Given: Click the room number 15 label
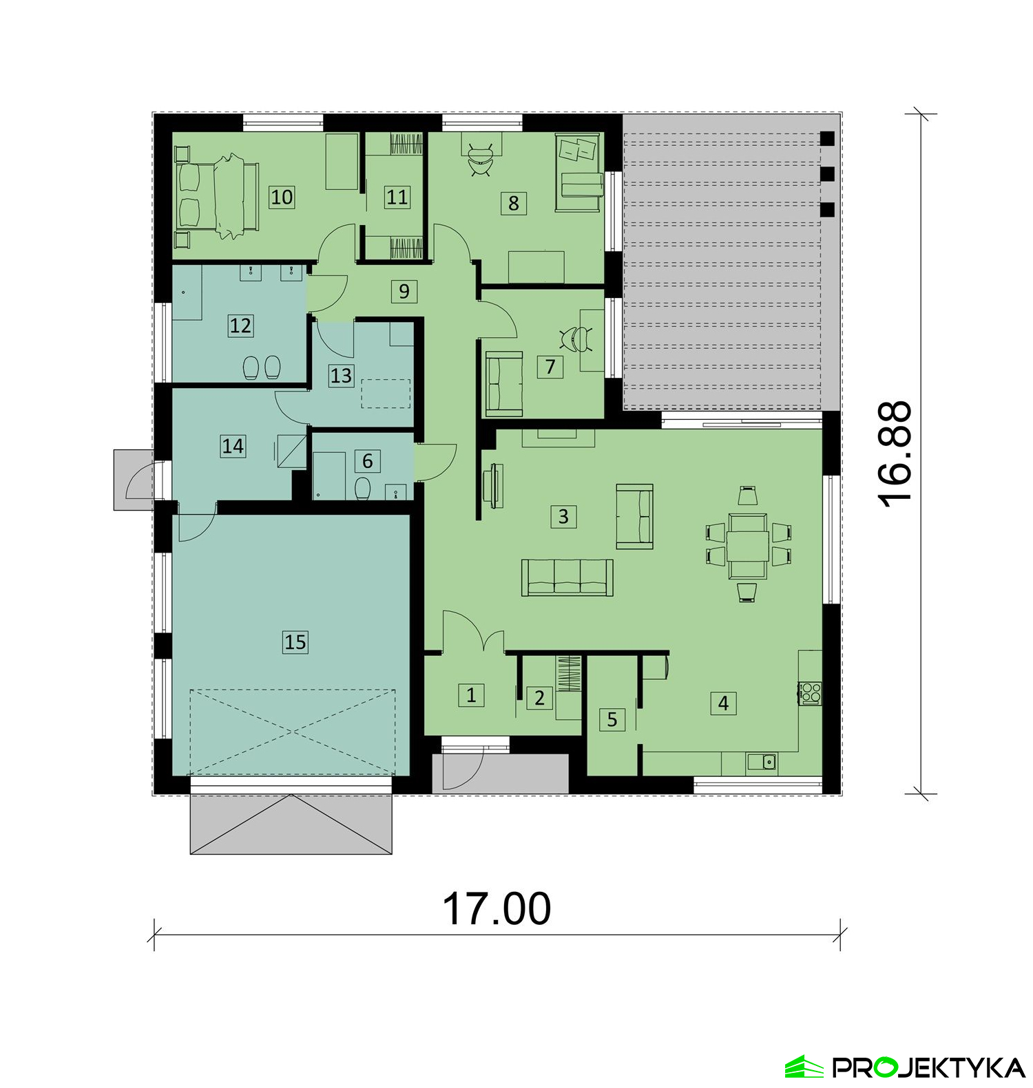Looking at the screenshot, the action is (295, 642).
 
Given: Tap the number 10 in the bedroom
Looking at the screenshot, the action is (282, 197).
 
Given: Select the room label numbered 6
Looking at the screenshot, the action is (367, 460).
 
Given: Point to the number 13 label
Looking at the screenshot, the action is (341, 376).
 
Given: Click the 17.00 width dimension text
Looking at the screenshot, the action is (497, 908).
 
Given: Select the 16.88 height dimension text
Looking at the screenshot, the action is (895, 455).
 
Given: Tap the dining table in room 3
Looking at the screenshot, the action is (748, 544).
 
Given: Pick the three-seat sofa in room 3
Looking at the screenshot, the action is (567, 577).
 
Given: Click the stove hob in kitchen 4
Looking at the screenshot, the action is (810, 692).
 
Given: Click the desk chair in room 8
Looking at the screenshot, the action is (479, 160).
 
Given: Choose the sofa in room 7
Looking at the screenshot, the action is (504, 384).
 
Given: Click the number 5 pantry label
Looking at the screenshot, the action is (612, 720).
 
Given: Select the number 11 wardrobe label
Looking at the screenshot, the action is (397, 198).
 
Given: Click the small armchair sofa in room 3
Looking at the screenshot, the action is (634, 516).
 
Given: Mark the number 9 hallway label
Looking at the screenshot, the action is (404, 291).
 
